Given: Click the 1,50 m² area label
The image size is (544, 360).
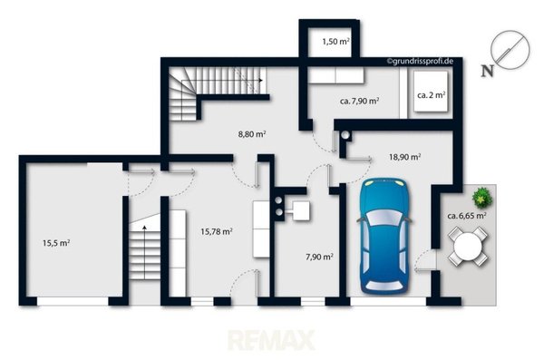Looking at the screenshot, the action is point(335,42).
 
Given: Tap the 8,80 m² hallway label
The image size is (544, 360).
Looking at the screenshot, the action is point(252,133).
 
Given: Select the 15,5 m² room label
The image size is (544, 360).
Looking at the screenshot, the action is point(56,243).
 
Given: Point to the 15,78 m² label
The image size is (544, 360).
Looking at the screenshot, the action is point(217,231).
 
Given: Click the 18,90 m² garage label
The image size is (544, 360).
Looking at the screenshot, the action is point(405,157).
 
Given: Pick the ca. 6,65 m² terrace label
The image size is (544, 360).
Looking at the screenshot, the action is point(467,216).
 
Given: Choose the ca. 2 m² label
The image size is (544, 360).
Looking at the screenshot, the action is point(432,95).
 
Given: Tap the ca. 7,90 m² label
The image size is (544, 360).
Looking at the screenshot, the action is point(359,101).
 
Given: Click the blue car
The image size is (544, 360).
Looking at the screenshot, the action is point(384,236).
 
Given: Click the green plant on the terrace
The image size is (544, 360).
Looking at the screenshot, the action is point(482,198).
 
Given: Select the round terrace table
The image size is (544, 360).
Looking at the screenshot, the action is point(468,247).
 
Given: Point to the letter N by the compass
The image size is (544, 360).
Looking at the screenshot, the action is point(488,71).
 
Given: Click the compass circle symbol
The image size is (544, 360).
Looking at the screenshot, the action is point(510,50).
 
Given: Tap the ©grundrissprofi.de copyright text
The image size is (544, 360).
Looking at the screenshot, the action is point(420,62).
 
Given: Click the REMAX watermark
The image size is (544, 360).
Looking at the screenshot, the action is point(272,340).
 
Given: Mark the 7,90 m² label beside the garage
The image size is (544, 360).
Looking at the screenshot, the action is point(319,257).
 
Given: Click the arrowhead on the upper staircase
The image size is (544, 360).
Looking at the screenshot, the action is point(260,80).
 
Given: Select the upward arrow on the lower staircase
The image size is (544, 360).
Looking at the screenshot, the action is point(144,252).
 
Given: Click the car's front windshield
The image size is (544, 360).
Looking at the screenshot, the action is point(384,218).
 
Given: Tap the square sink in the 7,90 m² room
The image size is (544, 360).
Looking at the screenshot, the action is point(301,211).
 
